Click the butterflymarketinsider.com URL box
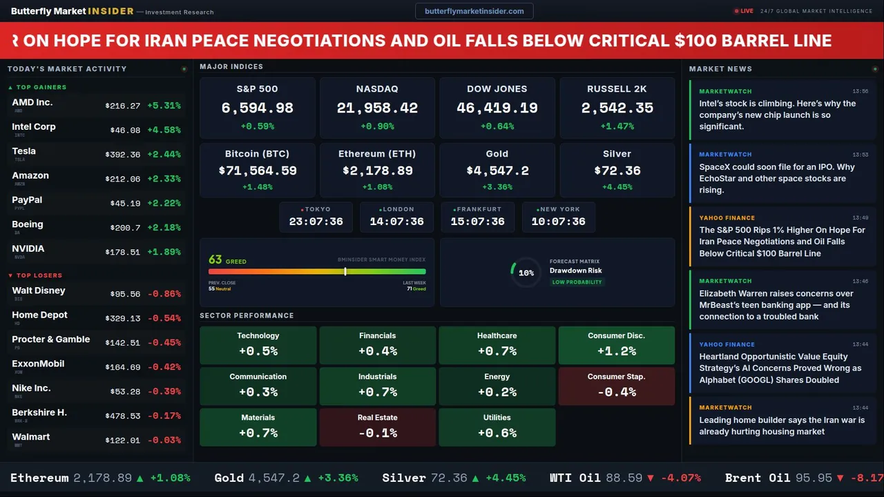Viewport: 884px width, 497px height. point(474,11)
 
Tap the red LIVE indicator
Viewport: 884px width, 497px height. point(744,11)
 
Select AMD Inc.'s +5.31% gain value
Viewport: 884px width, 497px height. point(164,106)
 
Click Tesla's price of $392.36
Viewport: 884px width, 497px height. point(123,155)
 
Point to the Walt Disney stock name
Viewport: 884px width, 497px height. point(39,291)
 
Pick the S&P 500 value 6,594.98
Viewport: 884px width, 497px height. point(257,108)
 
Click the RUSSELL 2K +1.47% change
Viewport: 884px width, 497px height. point(617,126)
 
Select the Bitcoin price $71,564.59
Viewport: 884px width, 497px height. point(258,170)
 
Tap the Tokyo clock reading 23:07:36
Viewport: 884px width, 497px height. point(316,222)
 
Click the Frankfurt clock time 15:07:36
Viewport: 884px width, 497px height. point(477,222)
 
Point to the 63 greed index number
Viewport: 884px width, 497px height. point(215,260)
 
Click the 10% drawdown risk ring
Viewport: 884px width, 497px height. point(526,273)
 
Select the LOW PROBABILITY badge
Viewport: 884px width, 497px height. point(577,282)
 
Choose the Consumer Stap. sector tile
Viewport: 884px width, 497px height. point(616,385)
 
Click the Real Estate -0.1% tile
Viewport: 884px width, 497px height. point(377,427)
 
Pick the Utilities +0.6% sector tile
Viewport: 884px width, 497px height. point(497,427)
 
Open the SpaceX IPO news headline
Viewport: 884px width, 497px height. point(776,178)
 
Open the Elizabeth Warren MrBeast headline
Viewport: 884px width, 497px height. point(776,304)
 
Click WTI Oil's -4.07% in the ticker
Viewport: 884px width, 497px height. point(680,478)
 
